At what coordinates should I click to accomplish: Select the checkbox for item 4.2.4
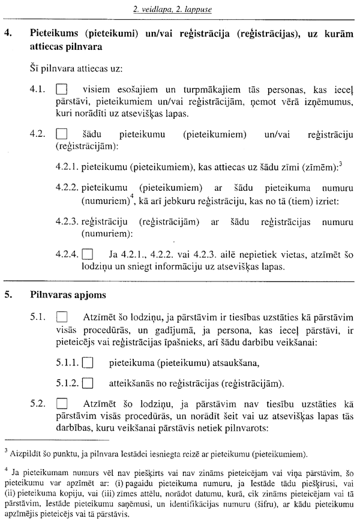coord(89,254)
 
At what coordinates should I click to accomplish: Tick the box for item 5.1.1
coord(89,362)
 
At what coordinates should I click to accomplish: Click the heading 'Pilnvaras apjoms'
coord(59,295)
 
